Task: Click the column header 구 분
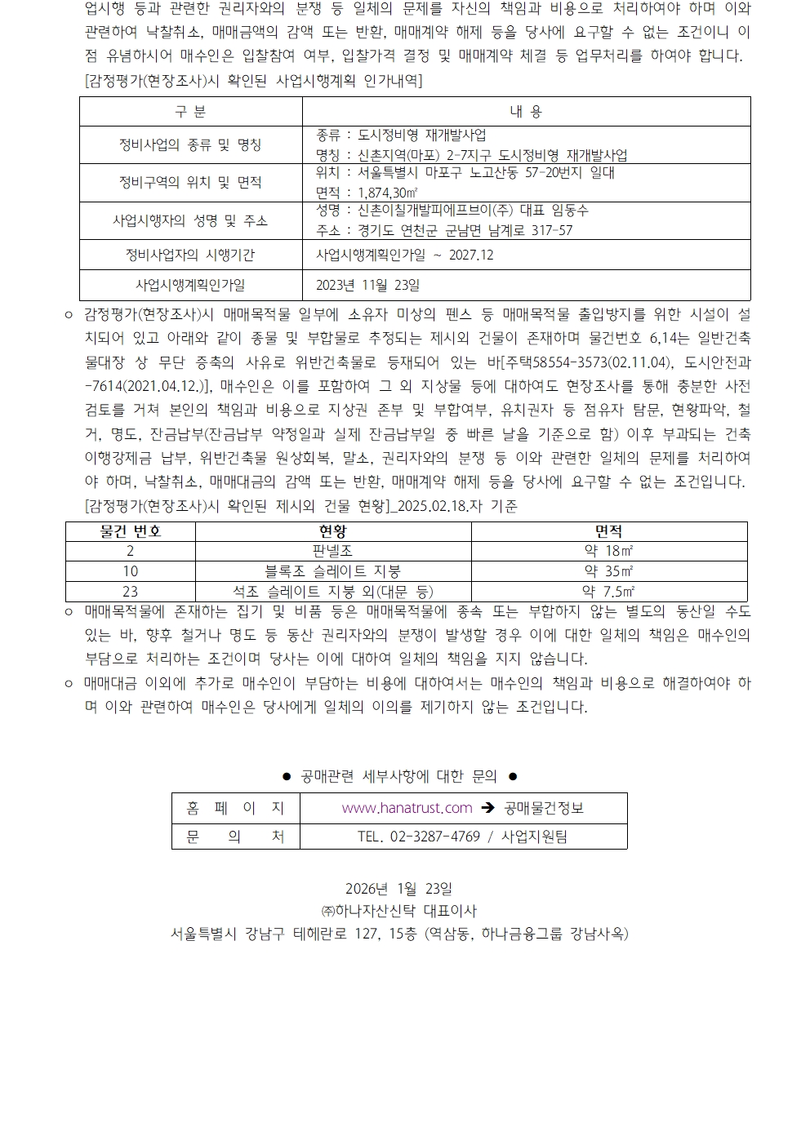[x=190, y=112]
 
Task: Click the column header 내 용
[x=526, y=112]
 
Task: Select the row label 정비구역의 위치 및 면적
[x=190, y=183]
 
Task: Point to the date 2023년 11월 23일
[x=367, y=286]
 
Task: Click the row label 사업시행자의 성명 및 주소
[x=190, y=221]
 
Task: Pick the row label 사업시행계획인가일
[x=190, y=286]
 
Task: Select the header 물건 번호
[x=131, y=531]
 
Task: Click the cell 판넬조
[x=332, y=552]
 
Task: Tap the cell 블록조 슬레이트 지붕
[x=332, y=571]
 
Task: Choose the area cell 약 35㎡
[x=609, y=571]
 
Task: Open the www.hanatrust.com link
[x=407, y=808]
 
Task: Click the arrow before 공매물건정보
[x=488, y=808]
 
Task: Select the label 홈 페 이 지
[x=235, y=808]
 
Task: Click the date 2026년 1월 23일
[x=398, y=889]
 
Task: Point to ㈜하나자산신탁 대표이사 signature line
[x=398, y=911]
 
